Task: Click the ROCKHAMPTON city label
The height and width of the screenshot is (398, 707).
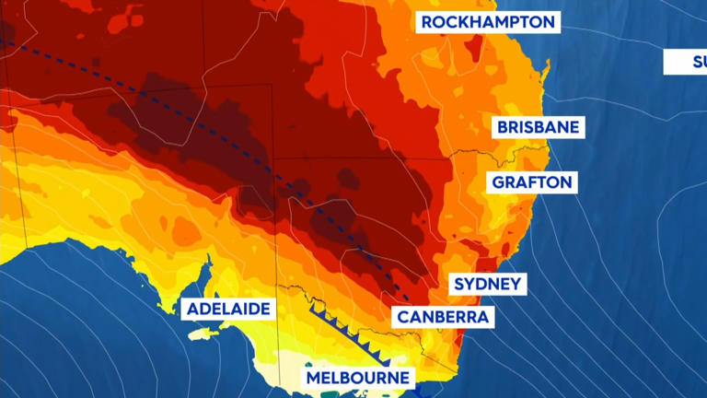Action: tap(488, 21)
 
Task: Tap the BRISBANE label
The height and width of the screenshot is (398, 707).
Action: tap(539, 127)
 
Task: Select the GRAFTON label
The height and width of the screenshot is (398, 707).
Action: tap(532, 181)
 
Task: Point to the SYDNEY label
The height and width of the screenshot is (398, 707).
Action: tap(488, 284)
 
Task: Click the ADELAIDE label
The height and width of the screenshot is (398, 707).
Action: tap(229, 309)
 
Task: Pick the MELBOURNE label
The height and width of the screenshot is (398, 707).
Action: tap(358, 378)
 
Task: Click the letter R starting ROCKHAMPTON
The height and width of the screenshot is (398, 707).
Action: tap(428, 21)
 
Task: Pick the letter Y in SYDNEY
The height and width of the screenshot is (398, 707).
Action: tap(469, 284)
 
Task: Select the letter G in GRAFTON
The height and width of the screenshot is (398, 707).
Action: tap(498, 181)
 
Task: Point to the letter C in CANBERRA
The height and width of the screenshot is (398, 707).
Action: tap(403, 318)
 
